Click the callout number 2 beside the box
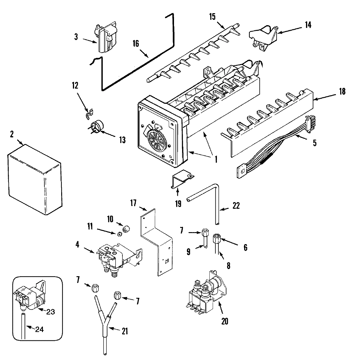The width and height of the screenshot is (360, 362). [11, 134]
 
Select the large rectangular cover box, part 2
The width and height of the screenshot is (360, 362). [34, 180]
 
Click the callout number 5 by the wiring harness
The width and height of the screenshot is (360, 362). [314, 143]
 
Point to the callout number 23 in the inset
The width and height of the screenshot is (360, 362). [50, 311]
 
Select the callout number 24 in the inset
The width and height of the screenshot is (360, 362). [39, 330]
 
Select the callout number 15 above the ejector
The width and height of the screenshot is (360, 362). [212, 16]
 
